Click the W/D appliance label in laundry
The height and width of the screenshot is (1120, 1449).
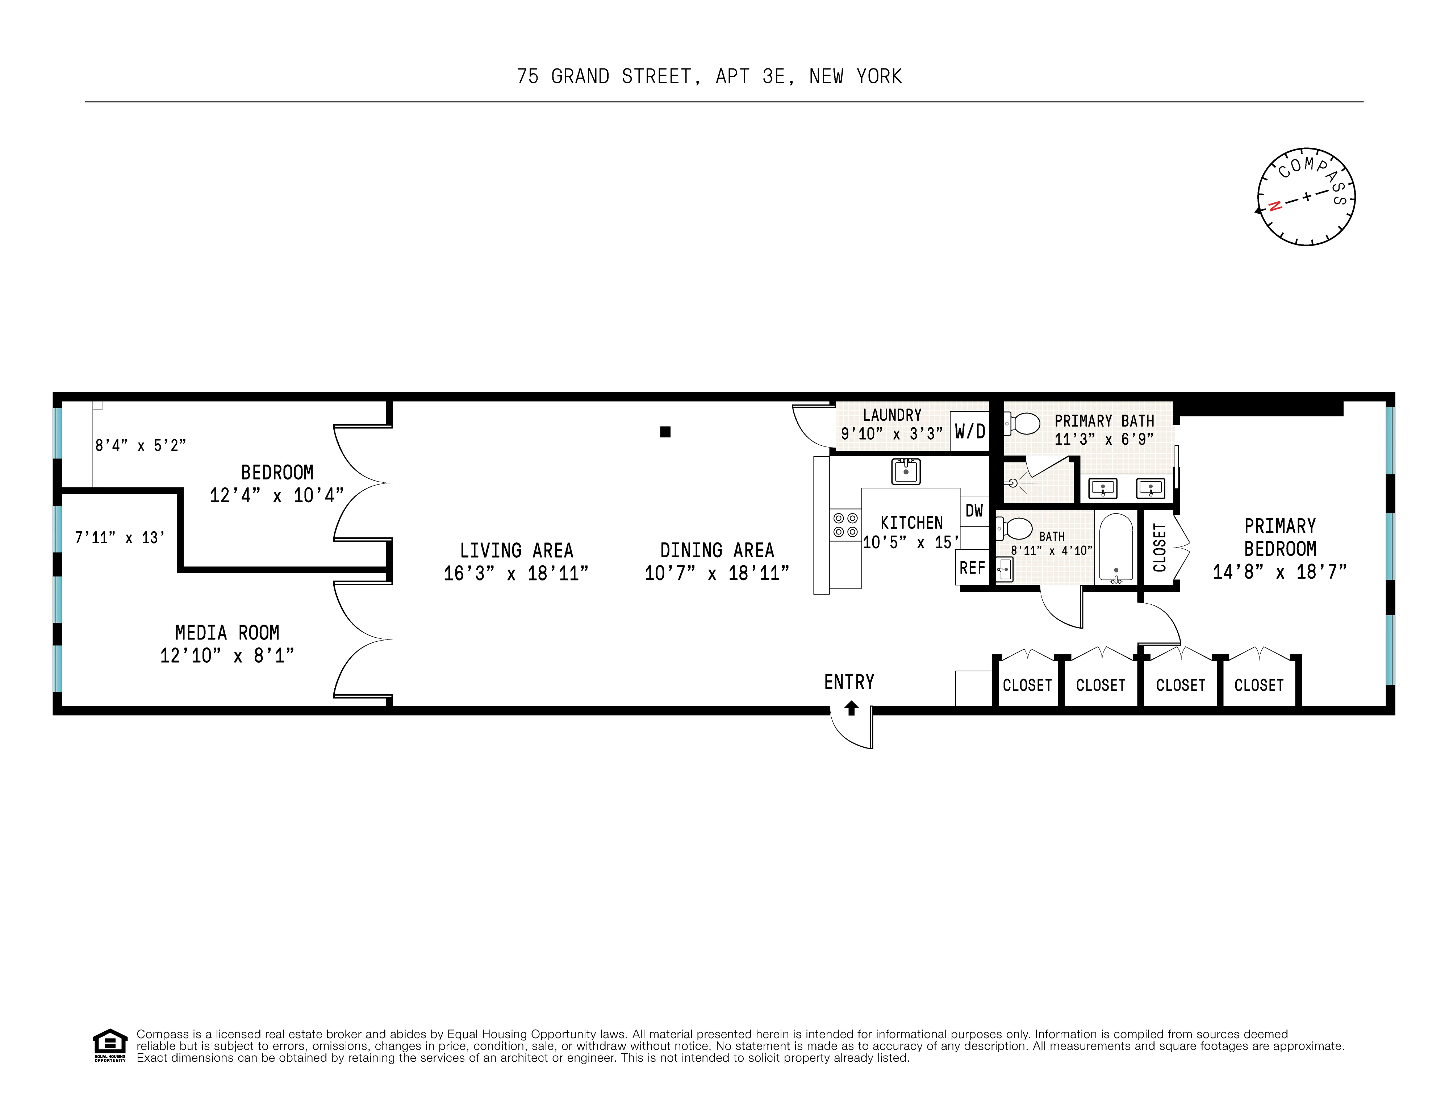[x=970, y=432]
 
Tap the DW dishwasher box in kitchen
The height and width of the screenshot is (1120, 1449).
[x=974, y=511]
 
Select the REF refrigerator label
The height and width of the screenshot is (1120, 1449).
[x=972, y=568]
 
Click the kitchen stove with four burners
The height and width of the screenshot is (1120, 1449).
[x=845, y=525]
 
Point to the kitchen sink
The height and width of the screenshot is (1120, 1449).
[x=906, y=471]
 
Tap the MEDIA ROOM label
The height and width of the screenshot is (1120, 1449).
[x=227, y=633]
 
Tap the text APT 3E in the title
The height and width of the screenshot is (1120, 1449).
[x=750, y=77]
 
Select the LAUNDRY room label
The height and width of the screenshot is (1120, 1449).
[x=892, y=415]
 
